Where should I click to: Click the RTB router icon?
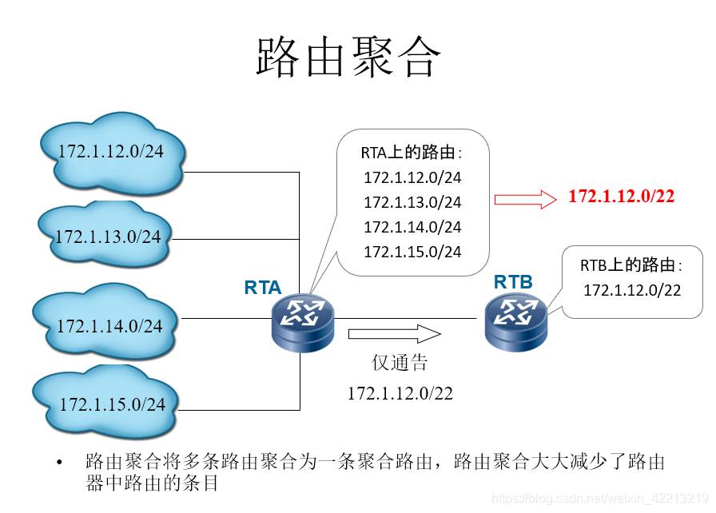(x=515, y=322)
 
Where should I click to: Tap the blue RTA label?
(x=262, y=288)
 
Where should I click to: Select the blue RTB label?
(x=513, y=281)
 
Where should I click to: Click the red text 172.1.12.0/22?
(x=621, y=197)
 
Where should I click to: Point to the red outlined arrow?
(x=525, y=199)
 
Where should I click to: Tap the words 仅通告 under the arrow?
(x=400, y=363)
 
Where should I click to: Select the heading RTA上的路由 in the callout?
(x=412, y=153)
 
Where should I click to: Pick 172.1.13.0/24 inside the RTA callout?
(x=412, y=202)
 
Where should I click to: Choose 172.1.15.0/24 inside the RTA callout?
(x=412, y=252)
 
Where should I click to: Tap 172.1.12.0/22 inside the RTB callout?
(x=632, y=290)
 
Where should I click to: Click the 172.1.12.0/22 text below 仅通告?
(x=400, y=393)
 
